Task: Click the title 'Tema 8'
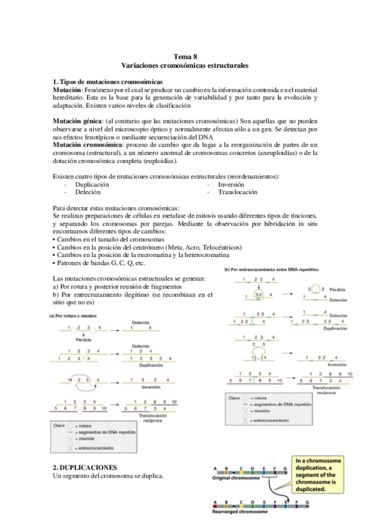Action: pyautogui.click(x=185, y=56)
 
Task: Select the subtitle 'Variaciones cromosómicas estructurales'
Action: pyautogui.click(x=185, y=65)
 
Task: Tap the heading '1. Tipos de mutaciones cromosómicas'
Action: pyautogui.click(x=107, y=82)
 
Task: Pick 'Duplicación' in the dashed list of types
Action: pyautogui.click(x=92, y=184)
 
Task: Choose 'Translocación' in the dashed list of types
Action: pyautogui.click(x=237, y=192)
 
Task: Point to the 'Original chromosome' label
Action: pyautogui.click(x=233, y=478)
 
